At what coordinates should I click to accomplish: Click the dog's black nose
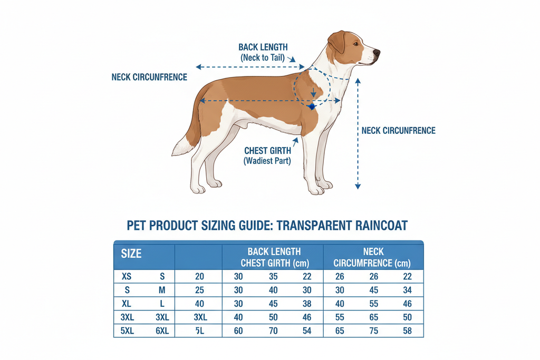pos(377,53)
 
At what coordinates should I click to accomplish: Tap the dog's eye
pos(356,44)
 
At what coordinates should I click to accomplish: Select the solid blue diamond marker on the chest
pos(312,106)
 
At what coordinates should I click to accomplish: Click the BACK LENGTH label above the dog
pos(263,47)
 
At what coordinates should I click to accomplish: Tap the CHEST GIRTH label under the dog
pos(267,151)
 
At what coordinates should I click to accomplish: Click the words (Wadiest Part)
pos(267,161)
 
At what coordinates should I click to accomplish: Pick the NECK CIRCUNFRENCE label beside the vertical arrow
pos(399,131)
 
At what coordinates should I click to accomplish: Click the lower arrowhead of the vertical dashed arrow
pos(358,186)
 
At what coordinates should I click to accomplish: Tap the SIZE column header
pos(131,254)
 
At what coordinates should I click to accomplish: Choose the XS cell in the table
pos(127,276)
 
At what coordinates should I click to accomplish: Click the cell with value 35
pos(273,276)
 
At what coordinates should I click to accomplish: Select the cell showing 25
pos(199,290)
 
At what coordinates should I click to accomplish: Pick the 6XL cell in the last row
pos(162,331)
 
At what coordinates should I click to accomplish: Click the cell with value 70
pos(273,331)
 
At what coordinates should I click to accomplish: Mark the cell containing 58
pos(408,331)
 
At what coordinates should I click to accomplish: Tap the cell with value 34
pos(408,290)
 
